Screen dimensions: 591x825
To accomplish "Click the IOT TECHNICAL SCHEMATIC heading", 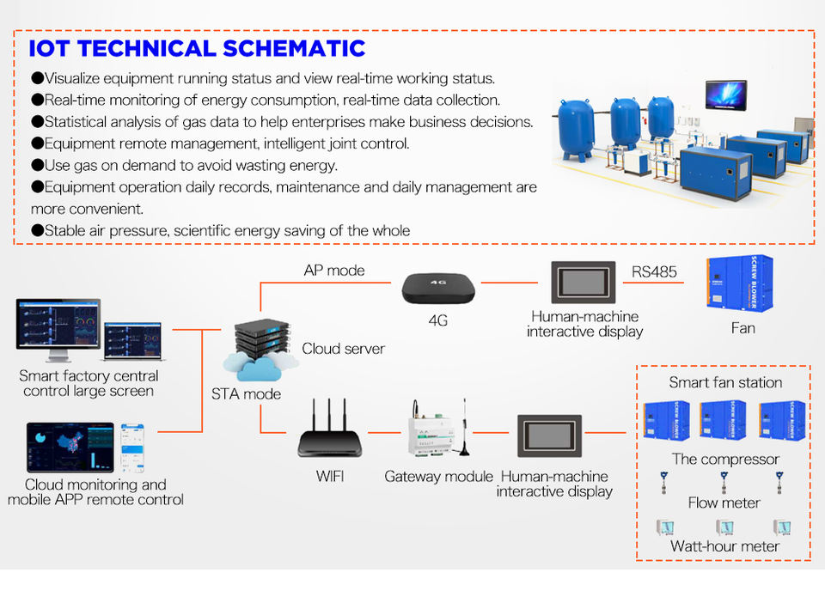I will pos(198,48).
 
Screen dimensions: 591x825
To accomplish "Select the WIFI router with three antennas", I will pos(331,436).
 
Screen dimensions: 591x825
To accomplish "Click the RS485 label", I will pos(655,272).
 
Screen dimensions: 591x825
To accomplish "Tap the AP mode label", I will pos(334,271).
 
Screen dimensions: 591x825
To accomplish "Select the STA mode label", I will pos(246,394).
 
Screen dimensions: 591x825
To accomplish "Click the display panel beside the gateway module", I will pos(550,436).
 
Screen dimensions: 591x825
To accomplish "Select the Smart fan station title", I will pos(725,382).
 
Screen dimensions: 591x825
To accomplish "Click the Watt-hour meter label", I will pos(724,546).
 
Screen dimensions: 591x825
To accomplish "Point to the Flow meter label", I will pos(724,503).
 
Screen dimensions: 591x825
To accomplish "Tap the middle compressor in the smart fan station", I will pos(723,420).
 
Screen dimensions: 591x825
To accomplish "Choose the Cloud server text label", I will pos(343,349).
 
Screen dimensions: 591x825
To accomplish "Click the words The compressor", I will pos(725,459).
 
